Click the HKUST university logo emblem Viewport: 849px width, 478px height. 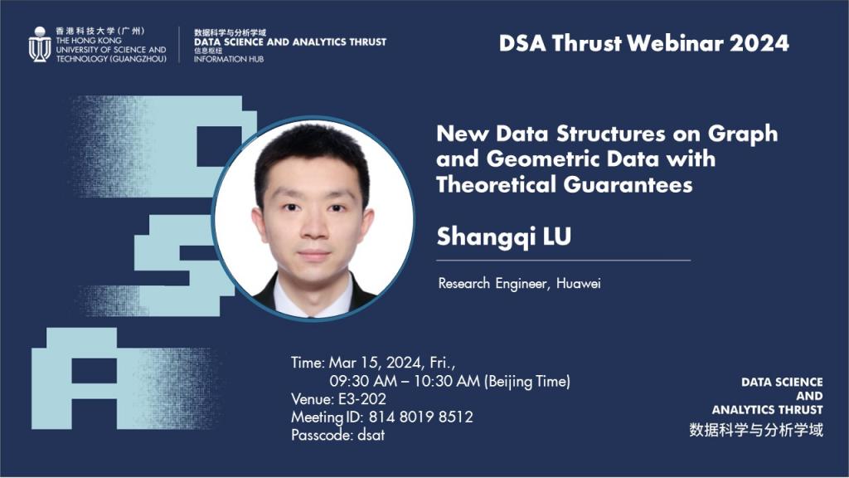point(40,45)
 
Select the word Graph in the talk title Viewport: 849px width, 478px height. point(743,134)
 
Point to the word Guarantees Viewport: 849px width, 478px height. point(628,185)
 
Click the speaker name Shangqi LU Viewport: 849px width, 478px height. point(503,237)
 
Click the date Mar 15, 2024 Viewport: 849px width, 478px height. point(376,363)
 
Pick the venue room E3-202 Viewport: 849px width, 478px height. point(361,399)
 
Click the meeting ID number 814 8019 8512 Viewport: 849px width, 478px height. point(420,417)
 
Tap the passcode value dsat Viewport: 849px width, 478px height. point(371,435)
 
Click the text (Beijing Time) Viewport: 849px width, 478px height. point(526,382)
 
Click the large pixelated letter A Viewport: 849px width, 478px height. point(74,378)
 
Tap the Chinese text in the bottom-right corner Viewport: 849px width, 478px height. point(756,430)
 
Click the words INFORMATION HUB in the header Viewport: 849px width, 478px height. point(229,59)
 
